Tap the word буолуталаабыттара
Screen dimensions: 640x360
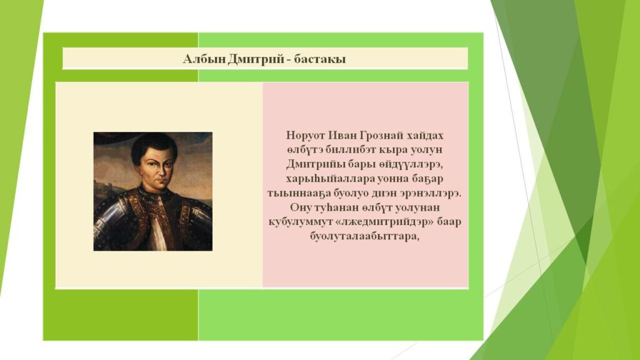pos(365,237)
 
